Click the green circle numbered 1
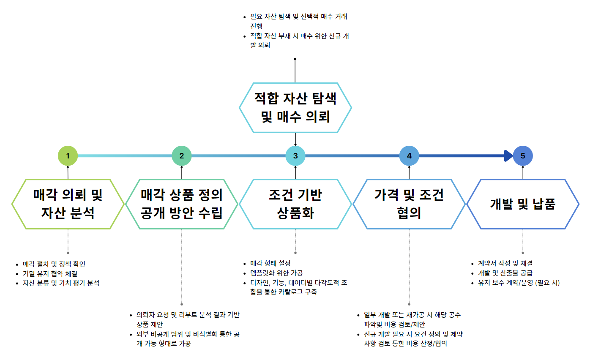coord(68,155)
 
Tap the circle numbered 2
coord(181,155)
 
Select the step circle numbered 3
coord(295,155)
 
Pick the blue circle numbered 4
coord(409,155)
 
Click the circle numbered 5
coord(523,155)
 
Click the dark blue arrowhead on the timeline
coord(508,155)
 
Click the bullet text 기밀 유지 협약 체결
coord(50,274)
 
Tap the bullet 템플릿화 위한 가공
coord(276,273)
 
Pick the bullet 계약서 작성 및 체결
coord(505,263)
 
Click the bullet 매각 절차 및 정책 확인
coord(54,264)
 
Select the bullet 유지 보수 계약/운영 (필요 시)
coord(519,283)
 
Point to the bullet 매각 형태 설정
coord(270,263)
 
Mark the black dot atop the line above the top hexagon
coord(295,59)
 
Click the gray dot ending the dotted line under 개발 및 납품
coord(523,253)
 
